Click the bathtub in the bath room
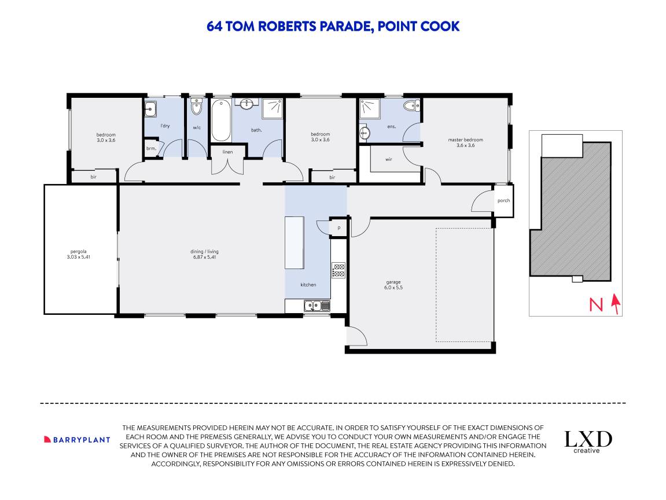tap(221, 120)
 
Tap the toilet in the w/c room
tap(196, 107)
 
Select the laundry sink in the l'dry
tap(150, 109)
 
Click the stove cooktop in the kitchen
tap(338, 270)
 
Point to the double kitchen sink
tap(317, 305)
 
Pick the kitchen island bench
tap(295, 242)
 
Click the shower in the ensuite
tap(370, 109)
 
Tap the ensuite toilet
tap(411, 105)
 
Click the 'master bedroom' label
tap(465, 139)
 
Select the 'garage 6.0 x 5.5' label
tap(393, 285)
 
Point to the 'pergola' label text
tap(79, 252)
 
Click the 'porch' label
tap(503, 200)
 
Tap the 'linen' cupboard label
tap(227, 152)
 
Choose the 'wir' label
tap(389, 159)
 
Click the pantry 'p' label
tap(339, 228)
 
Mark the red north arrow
tap(616, 304)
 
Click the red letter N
tap(596, 304)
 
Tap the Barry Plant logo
tap(77, 440)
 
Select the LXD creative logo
tap(588, 442)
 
